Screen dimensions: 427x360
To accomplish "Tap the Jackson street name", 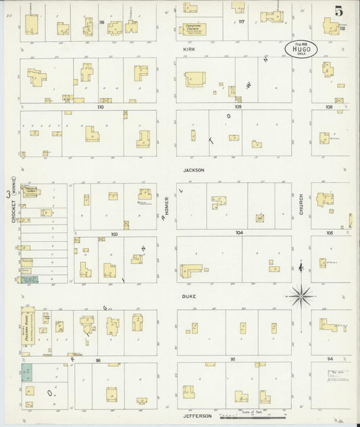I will pyautogui.click(x=193, y=170).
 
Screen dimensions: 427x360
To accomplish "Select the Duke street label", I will pyautogui.click(x=188, y=296).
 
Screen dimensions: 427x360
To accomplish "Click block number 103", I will pyautogui.click(x=115, y=234).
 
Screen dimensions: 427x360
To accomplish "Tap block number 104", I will pyautogui.click(x=238, y=232).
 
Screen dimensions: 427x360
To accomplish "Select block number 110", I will pyautogui.click(x=101, y=107).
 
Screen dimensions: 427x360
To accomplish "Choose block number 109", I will pyautogui.click(x=238, y=107).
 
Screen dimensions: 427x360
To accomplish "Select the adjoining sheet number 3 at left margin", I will pyautogui.click(x=8, y=195).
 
